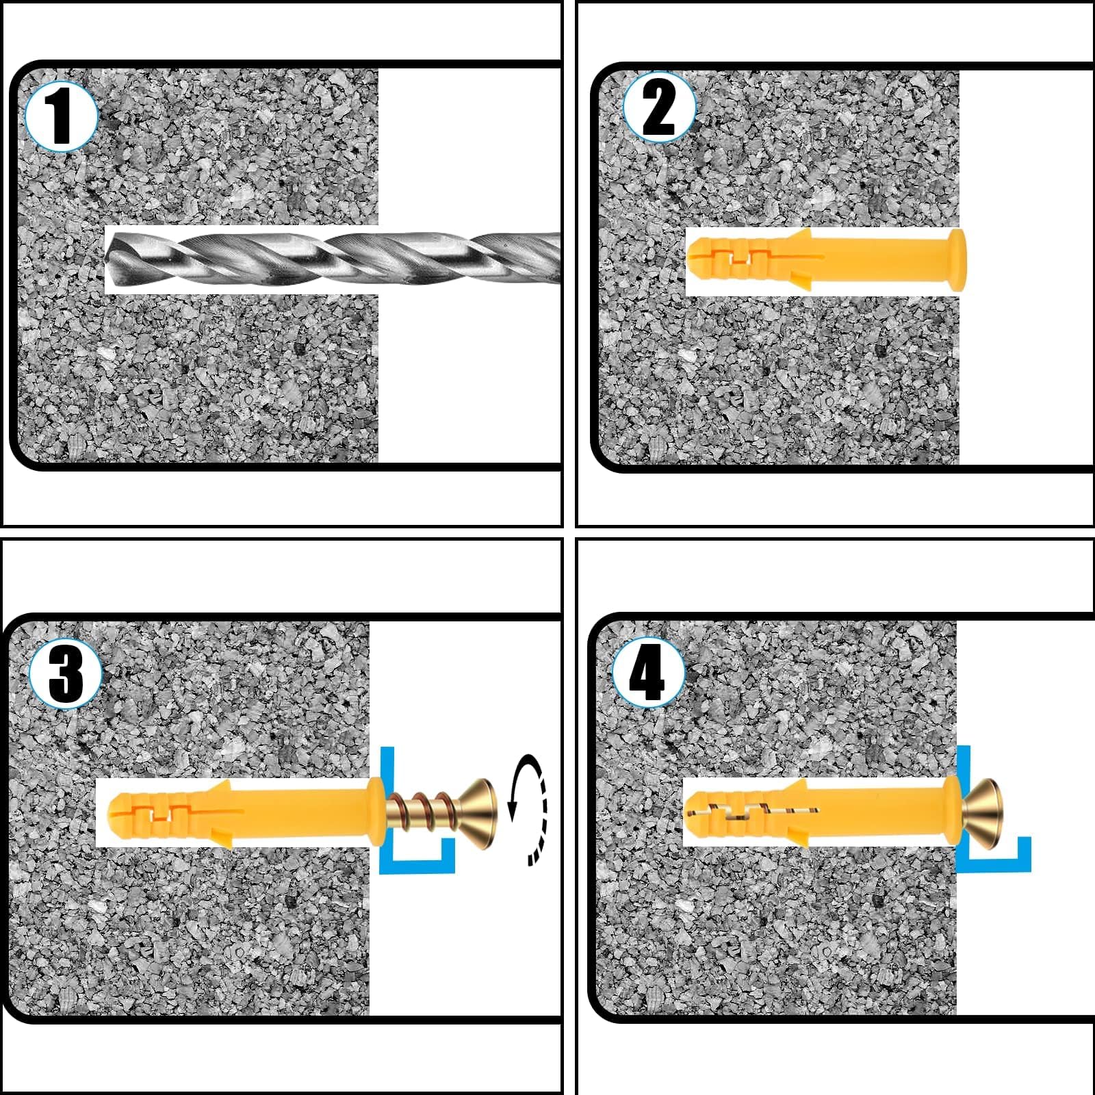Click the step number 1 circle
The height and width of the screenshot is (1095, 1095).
click(x=62, y=116)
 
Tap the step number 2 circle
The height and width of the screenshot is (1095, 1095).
click(x=659, y=107)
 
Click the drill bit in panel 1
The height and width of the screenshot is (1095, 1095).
click(x=334, y=259)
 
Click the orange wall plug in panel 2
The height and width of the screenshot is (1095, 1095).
click(x=825, y=261)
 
